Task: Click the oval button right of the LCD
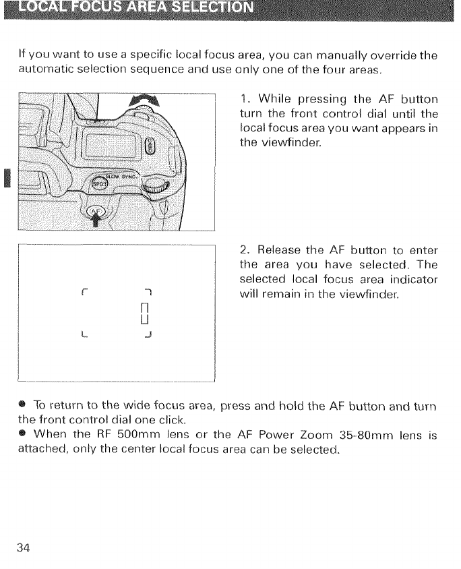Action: click(150, 142)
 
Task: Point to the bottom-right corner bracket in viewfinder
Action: click(154, 334)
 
